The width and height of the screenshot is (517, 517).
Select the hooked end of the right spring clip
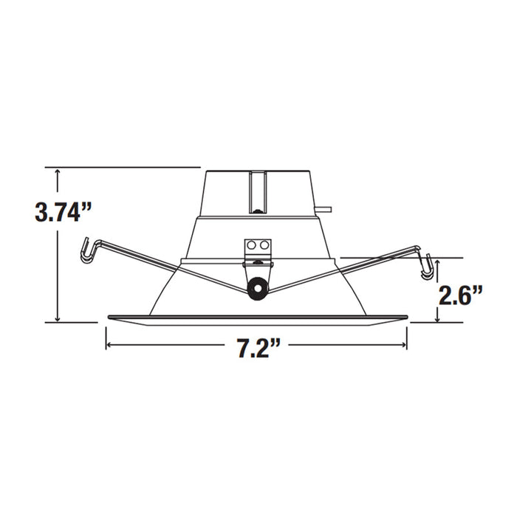(426, 266)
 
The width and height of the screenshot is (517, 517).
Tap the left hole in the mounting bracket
(252, 244)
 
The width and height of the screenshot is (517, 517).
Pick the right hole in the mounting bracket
(263, 244)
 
